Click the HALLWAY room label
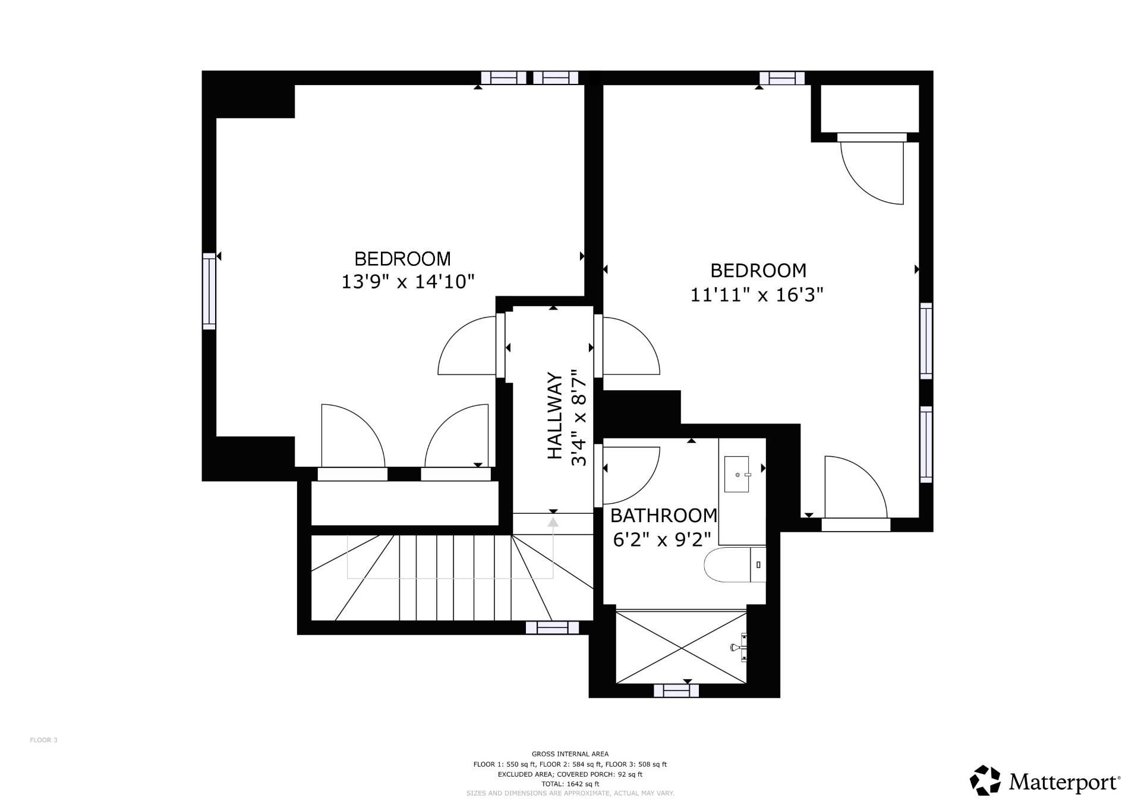click(x=554, y=416)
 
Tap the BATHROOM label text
click(x=664, y=515)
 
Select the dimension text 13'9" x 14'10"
click(x=408, y=281)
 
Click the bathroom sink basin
click(x=737, y=475)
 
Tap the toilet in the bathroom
click(x=734, y=565)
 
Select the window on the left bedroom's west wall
click(x=209, y=291)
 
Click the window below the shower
click(x=676, y=690)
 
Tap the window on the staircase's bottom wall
click(x=553, y=627)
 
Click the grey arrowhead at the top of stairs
click(x=553, y=523)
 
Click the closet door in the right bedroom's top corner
click(x=872, y=169)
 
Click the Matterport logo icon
click(x=985, y=780)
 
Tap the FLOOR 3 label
click(x=43, y=740)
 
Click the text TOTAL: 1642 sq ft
click(x=570, y=784)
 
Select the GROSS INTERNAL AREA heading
click(x=570, y=754)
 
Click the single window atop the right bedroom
click(x=782, y=78)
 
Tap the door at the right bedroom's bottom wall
click(x=856, y=491)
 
